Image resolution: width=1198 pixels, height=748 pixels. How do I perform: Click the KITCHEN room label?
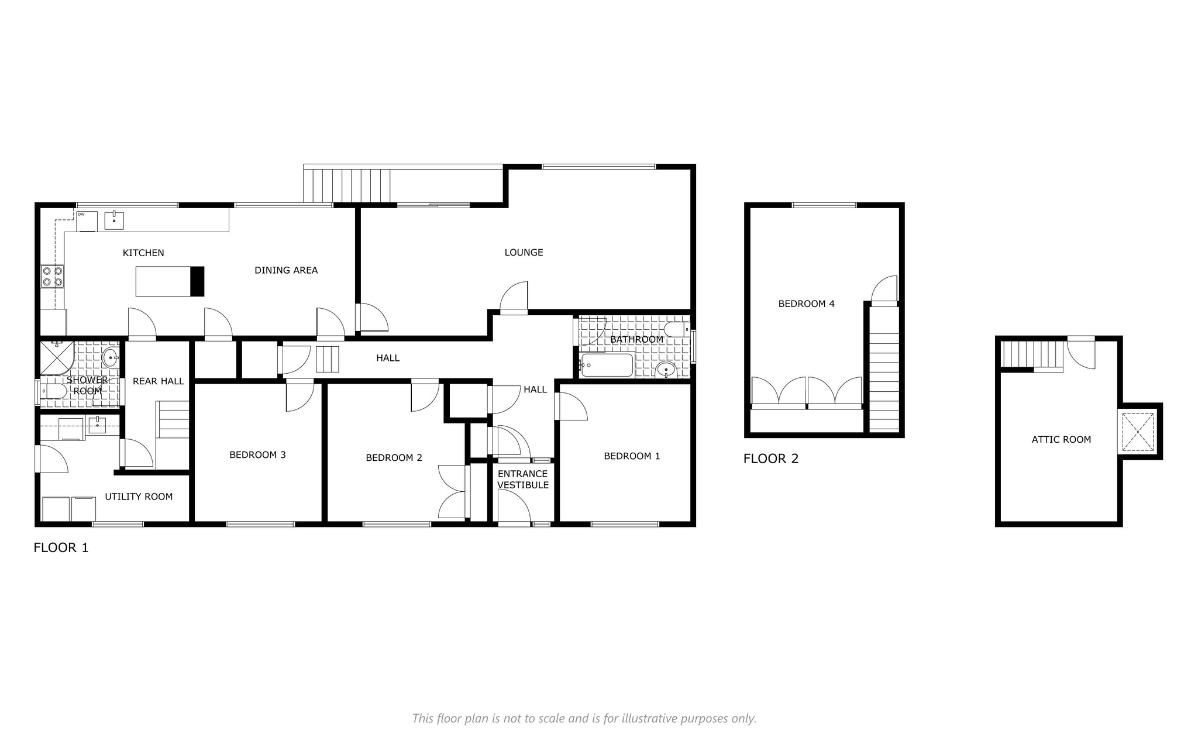click(143, 253)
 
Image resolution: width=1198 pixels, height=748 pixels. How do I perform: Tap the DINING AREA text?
click(286, 270)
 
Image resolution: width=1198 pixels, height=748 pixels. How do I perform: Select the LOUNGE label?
click(524, 252)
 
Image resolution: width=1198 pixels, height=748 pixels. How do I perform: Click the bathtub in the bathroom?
click(607, 365)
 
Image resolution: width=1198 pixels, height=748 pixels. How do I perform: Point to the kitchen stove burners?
click(53, 277)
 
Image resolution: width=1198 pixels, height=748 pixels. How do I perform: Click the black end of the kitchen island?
click(198, 281)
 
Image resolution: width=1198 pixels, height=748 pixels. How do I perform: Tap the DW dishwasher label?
click(81, 215)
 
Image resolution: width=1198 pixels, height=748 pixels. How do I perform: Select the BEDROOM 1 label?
click(632, 456)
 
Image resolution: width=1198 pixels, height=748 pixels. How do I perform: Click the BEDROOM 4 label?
click(806, 304)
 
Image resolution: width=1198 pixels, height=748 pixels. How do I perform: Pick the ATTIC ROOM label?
click(1061, 439)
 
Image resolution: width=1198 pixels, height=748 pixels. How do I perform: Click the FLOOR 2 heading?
click(771, 459)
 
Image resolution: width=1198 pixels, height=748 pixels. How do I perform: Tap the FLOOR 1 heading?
click(61, 547)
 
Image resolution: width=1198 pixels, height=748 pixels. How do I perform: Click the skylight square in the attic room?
click(1138, 432)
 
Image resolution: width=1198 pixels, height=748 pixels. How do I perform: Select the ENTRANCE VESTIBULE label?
click(523, 479)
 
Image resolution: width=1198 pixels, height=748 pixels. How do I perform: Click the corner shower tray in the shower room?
click(56, 358)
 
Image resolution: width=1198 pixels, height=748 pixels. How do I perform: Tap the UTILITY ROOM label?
click(139, 497)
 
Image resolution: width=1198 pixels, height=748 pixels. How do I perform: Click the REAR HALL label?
click(159, 381)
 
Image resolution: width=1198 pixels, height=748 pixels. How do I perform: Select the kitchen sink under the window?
click(114, 220)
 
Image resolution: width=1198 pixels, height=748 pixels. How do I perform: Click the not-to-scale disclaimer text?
click(584, 718)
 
